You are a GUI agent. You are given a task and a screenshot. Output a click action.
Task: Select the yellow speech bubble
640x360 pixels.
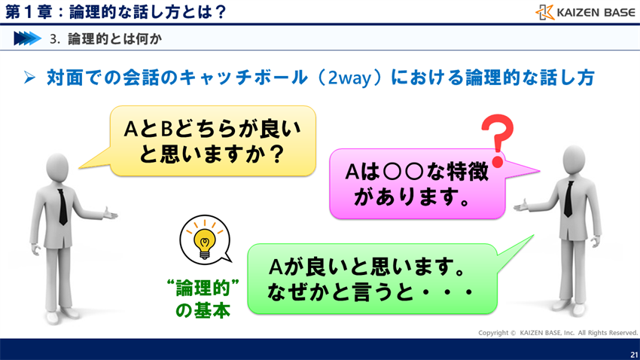pos(212,142)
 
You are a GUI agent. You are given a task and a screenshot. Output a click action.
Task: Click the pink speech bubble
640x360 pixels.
pos(416,184)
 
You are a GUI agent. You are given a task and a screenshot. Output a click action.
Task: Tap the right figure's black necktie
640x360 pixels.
pos(571,200)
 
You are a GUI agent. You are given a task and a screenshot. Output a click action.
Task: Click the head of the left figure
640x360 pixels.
pos(58,164)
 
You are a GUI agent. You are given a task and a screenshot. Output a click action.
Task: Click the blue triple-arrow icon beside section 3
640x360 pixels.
pos(27,38)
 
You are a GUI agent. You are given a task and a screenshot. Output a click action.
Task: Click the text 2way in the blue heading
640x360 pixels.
pos(347,78)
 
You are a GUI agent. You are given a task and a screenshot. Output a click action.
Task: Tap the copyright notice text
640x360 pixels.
pos(557,332)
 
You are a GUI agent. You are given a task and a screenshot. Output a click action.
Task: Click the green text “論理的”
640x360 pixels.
pos(203,288)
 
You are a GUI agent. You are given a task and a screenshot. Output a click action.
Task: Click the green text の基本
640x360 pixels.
pos(203,310)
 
